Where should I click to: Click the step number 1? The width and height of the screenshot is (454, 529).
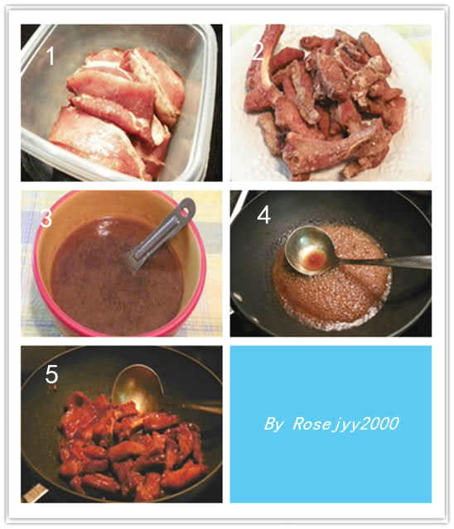pos(51,56)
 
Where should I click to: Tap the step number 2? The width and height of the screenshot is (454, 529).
pos(258,51)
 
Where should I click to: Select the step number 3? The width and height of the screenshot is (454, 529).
pos(46,218)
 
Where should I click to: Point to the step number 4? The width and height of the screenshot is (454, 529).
pos(263,214)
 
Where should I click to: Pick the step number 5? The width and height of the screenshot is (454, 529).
pos(51,374)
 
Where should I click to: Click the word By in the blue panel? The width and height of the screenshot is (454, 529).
pos(274,424)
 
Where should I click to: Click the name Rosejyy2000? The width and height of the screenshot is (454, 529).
pos(345,424)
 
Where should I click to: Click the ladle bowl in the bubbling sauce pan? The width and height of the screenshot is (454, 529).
pos(310,250)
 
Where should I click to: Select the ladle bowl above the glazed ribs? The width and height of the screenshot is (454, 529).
pos(138,387)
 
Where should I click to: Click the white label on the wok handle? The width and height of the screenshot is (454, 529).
pos(35,493)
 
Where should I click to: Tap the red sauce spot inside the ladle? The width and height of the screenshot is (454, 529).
pos(314,258)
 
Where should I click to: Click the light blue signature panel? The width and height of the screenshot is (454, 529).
pos(331,424)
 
